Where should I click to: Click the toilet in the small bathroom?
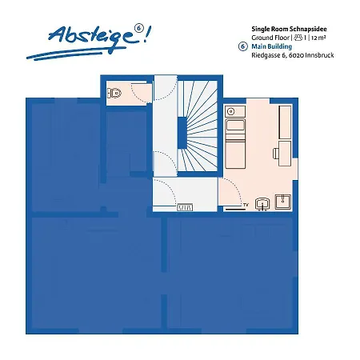pyautogui.click(x=116, y=94)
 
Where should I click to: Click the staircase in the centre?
pyautogui.click(x=196, y=127)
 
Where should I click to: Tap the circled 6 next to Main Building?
pyautogui.click(x=242, y=47)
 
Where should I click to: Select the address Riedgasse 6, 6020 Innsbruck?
pyautogui.click(x=292, y=56)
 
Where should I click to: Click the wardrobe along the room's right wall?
pyautogui.click(x=285, y=120)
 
